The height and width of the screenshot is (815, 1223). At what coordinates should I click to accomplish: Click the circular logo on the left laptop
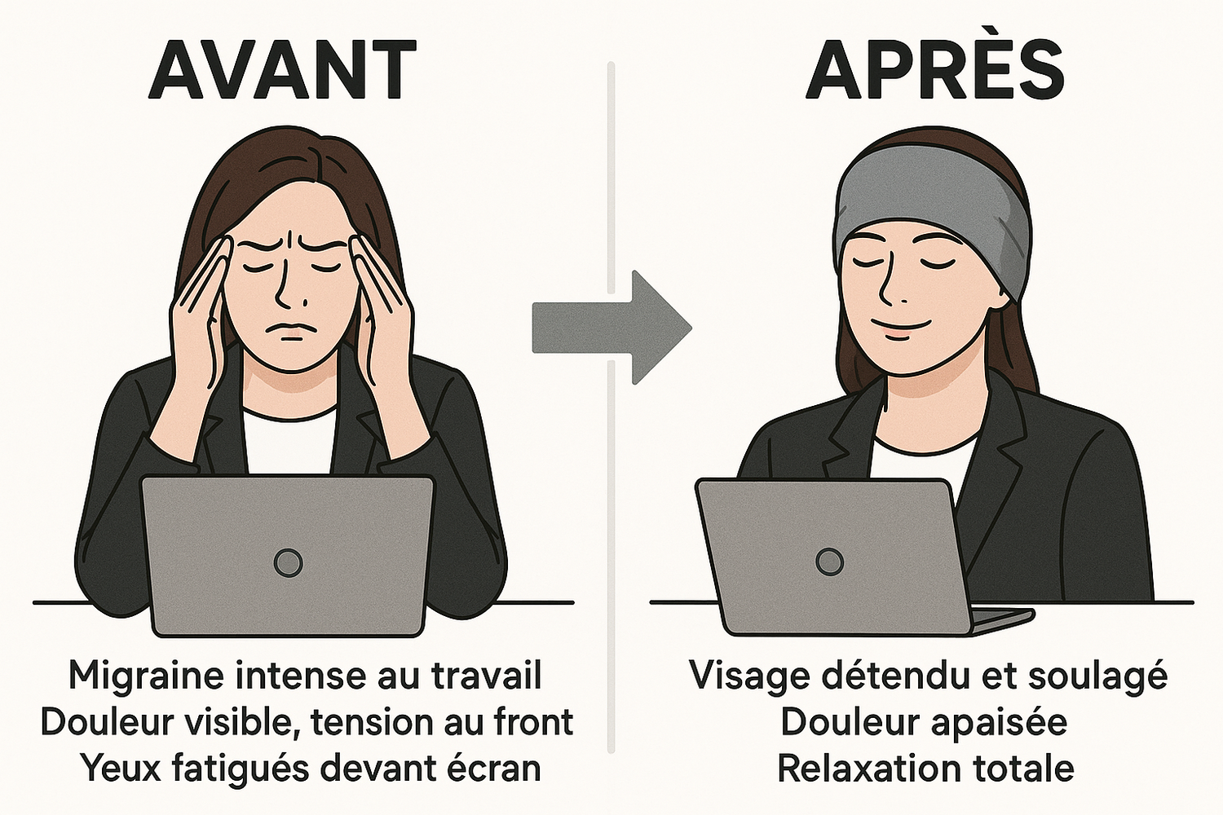pos(288,562)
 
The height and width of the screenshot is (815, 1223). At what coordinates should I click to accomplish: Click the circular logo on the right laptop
pos(829,561)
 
